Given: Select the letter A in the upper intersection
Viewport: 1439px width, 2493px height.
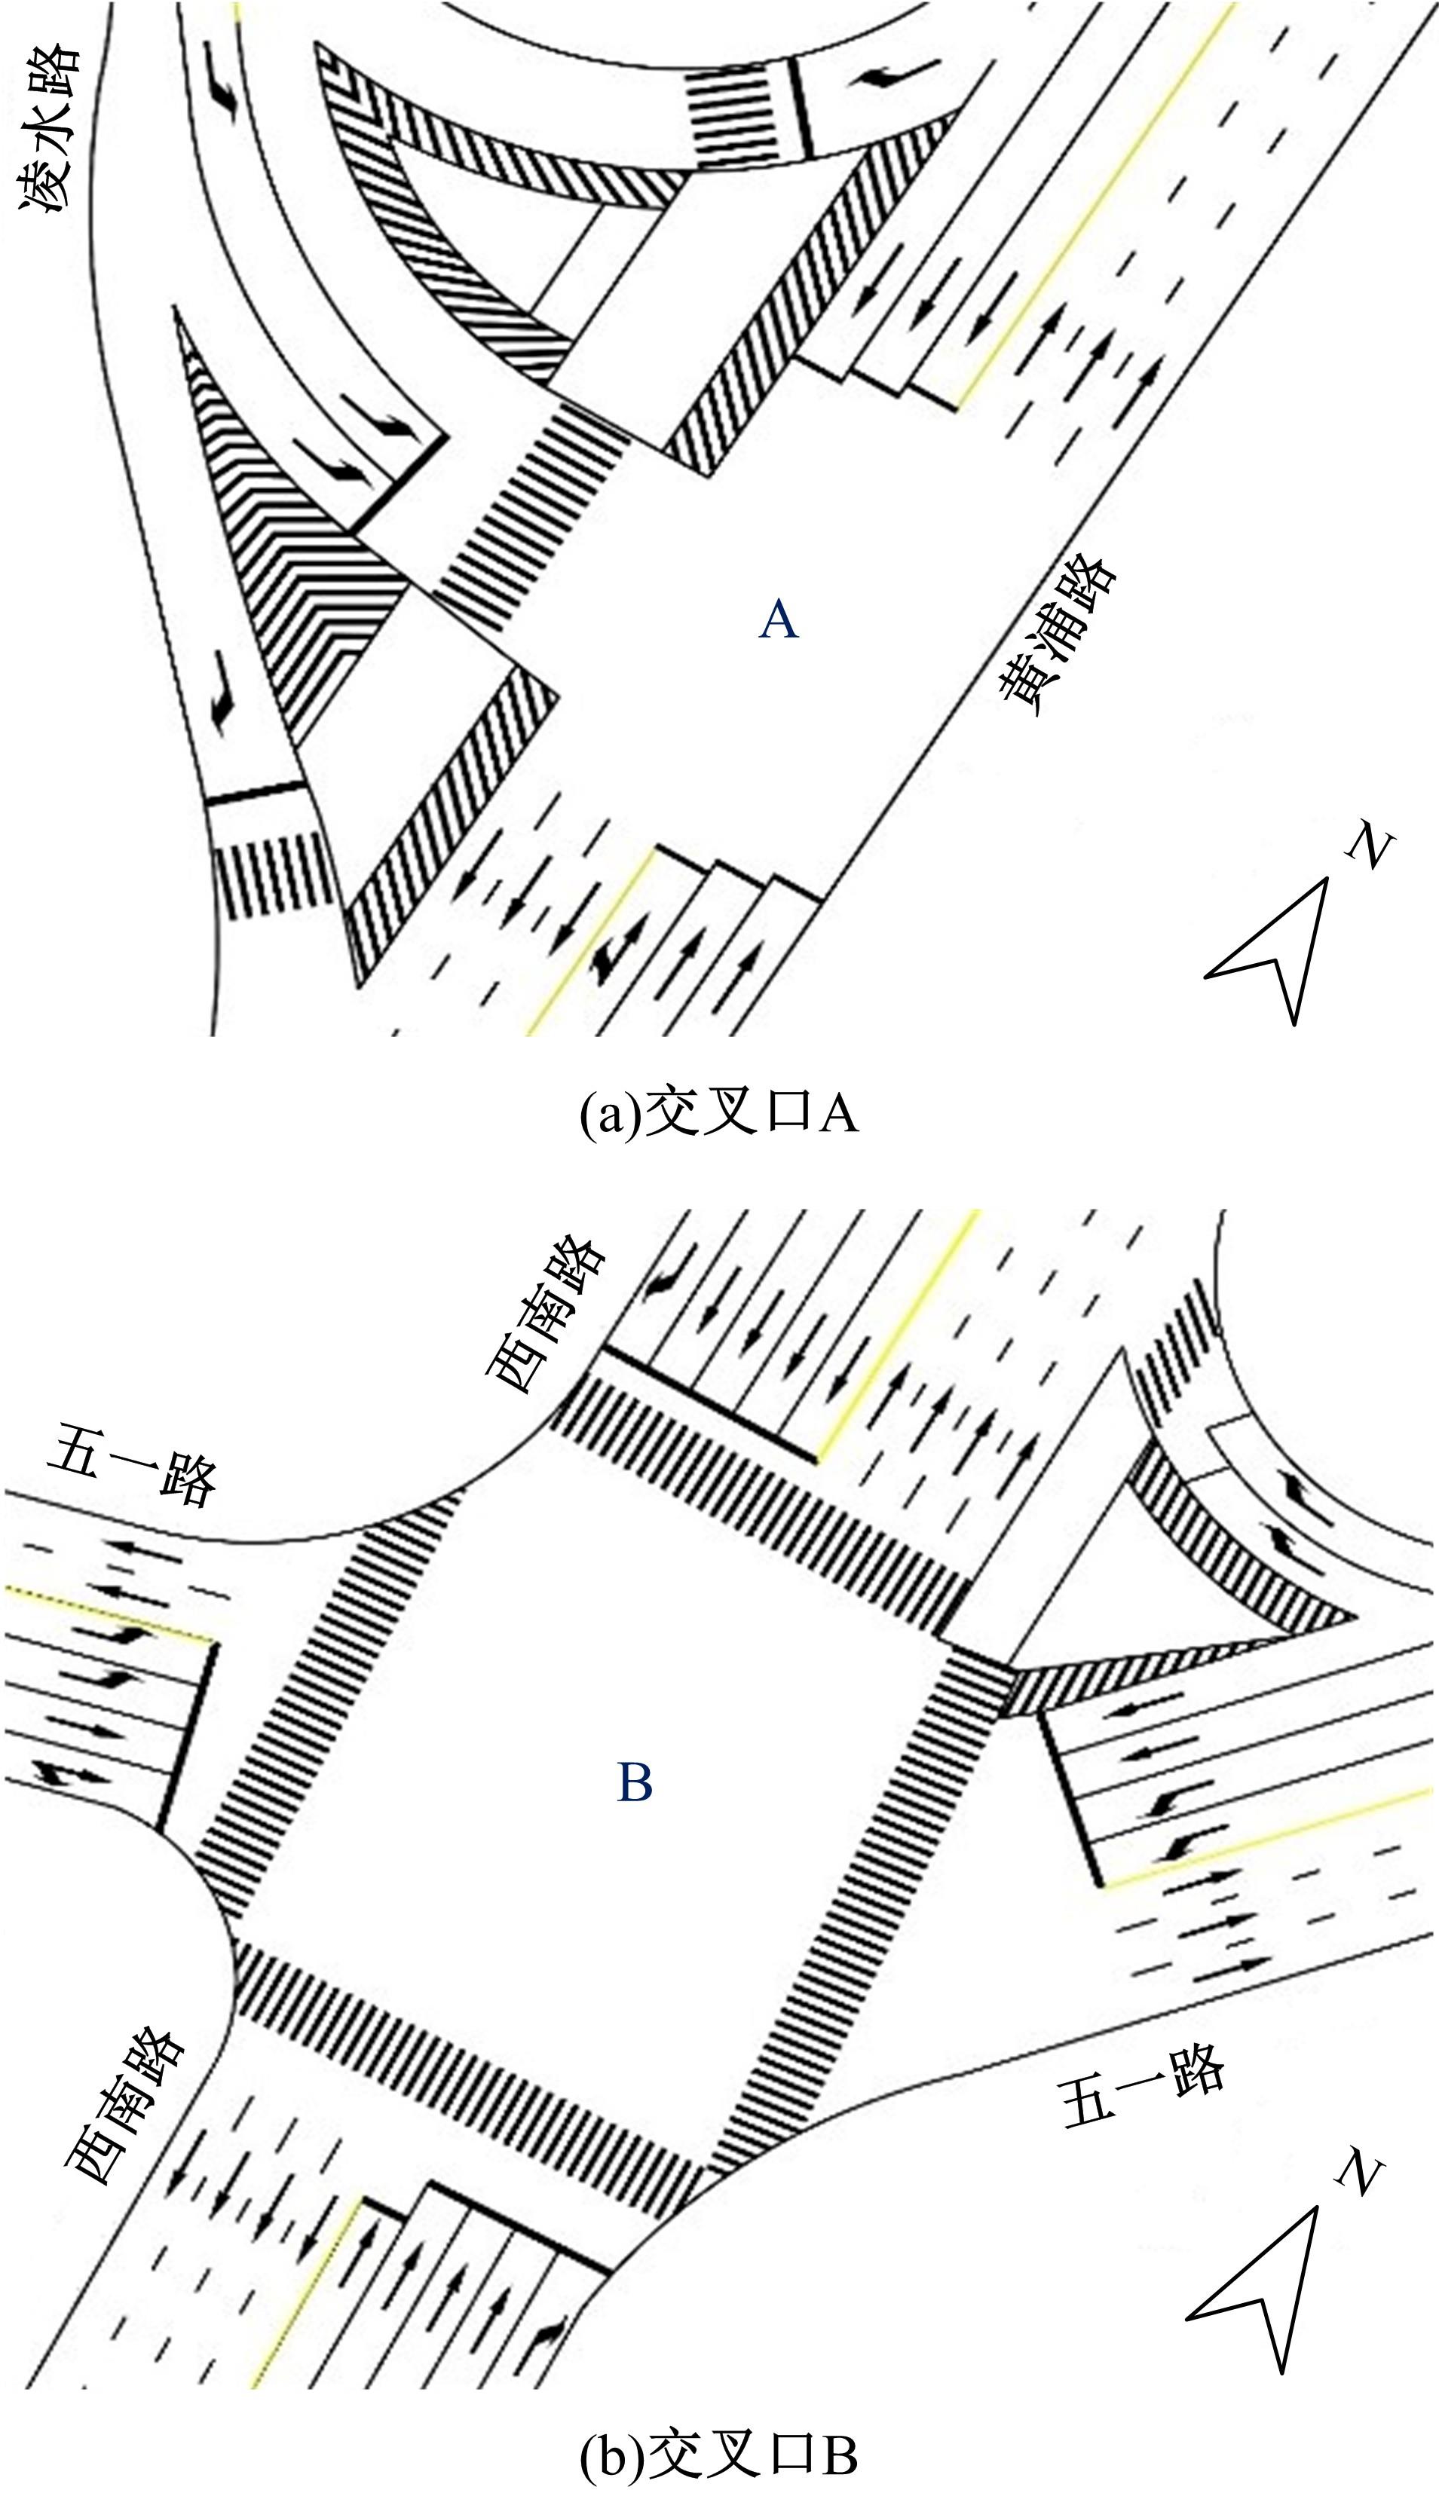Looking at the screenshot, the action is [x=779, y=620].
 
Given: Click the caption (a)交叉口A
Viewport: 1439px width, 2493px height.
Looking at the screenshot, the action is [x=718, y=1115].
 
